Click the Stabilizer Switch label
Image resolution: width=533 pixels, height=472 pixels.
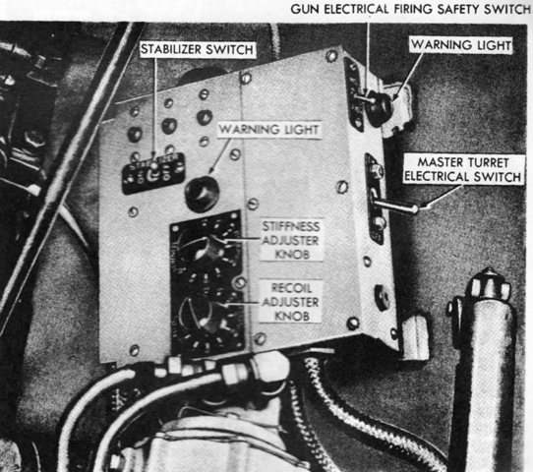tap(197, 49)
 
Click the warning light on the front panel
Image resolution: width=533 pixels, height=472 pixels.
tap(201, 194)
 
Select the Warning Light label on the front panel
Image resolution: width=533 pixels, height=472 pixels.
tap(268, 130)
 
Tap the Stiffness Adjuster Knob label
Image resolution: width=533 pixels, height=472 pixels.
tap(291, 240)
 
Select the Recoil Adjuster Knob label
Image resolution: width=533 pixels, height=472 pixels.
tap(291, 302)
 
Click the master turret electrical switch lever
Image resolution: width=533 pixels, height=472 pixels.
tap(395, 205)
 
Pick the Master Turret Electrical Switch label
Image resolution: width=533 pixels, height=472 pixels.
tap(463, 169)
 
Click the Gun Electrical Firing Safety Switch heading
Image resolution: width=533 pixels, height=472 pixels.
tap(410, 9)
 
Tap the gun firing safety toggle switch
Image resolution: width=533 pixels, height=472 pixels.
tap(364, 98)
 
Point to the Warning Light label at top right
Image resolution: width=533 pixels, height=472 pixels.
tap(461, 45)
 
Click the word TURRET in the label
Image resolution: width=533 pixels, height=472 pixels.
tap(487, 162)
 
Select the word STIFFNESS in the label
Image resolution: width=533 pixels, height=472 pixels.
tap(291, 226)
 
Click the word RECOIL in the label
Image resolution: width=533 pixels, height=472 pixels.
tap(292, 288)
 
